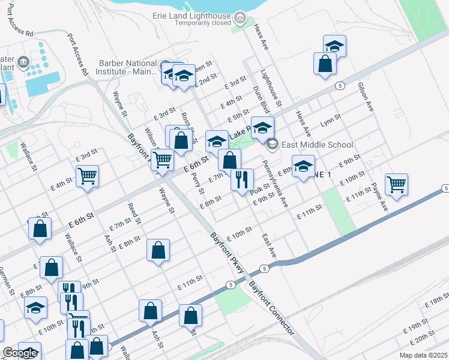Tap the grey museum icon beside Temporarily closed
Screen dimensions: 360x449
point(241,19)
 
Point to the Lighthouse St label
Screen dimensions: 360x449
point(271,88)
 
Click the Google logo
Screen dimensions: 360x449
point(19,352)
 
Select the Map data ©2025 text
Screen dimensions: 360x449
point(423,355)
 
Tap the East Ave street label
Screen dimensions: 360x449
point(269,246)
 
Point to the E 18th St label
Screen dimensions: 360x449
point(437,302)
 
